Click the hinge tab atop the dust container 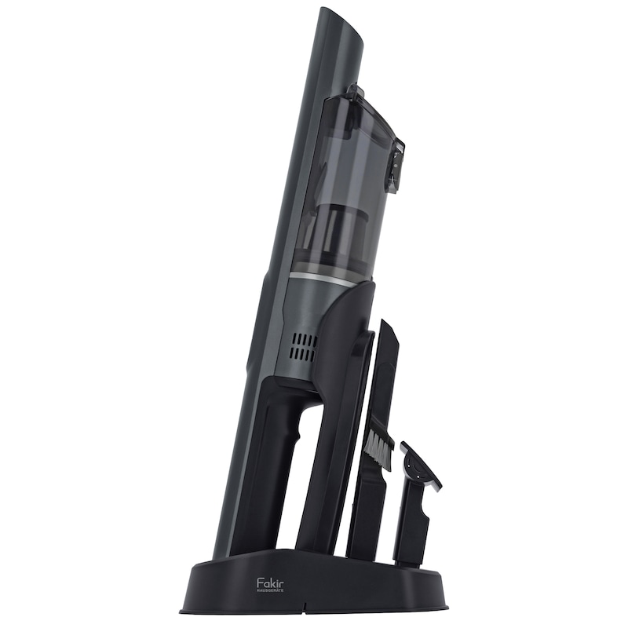(356, 91)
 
